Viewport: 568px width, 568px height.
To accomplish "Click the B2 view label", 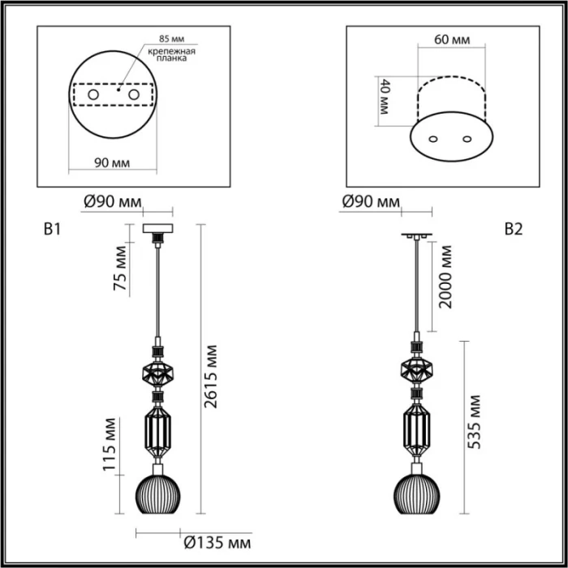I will click(x=513, y=229).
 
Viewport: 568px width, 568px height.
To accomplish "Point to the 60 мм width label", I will click(x=451, y=40).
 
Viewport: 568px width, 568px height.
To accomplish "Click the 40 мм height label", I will click(x=384, y=97).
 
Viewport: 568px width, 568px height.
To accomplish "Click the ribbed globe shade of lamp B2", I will click(x=417, y=491).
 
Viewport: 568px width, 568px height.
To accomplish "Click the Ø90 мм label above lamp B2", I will click(x=371, y=201).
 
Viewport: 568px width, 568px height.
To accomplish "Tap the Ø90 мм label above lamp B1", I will click(x=113, y=201).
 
